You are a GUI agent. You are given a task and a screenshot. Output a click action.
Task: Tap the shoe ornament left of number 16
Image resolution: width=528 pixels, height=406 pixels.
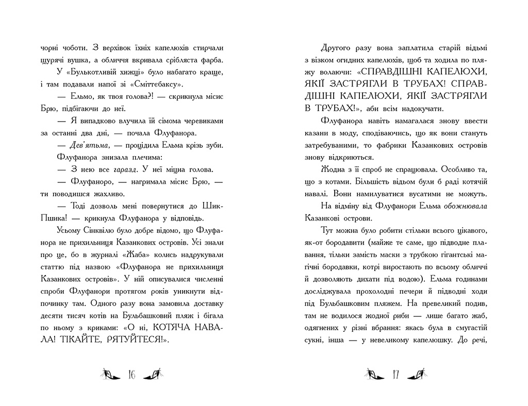[110, 374]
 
